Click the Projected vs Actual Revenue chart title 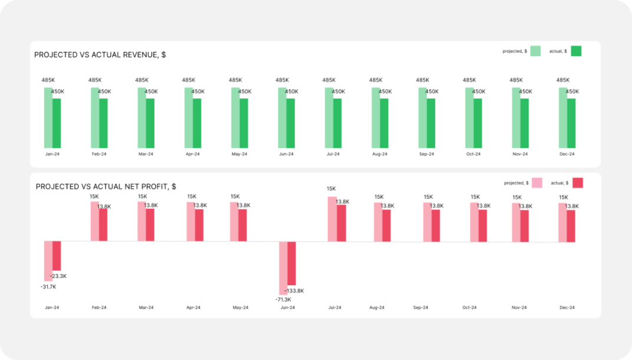pyautogui.click(x=100, y=55)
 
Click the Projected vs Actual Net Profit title pyautogui.click(x=106, y=187)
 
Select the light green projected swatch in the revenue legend pyautogui.click(x=535, y=51)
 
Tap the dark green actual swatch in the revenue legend pyautogui.click(x=576, y=51)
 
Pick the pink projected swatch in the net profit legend pyautogui.click(x=537, y=183)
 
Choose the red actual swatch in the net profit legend pyautogui.click(x=578, y=183)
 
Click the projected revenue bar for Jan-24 pyautogui.click(x=48, y=118)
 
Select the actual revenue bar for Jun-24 pyautogui.click(x=291, y=123)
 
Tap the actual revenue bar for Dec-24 pyautogui.click(x=572, y=123)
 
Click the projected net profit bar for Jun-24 pyautogui.click(x=283, y=268)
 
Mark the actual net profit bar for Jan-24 pyautogui.click(x=57, y=256)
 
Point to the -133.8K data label pyautogui.click(x=294, y=291)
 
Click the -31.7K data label pyautogui.click(x=48, y=287)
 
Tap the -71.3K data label pyautogui.click(x=283, y=299)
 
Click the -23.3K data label pyautogui.click(x=58, y=276)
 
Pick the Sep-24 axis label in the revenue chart pyautogui.click(x=426, y=154)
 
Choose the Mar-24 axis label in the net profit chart pyautogui.click(x=146, y=308)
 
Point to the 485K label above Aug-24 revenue pyautogui.click(x=376, y=80)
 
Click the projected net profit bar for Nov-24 pyautogui.click(x=516, y=222)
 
